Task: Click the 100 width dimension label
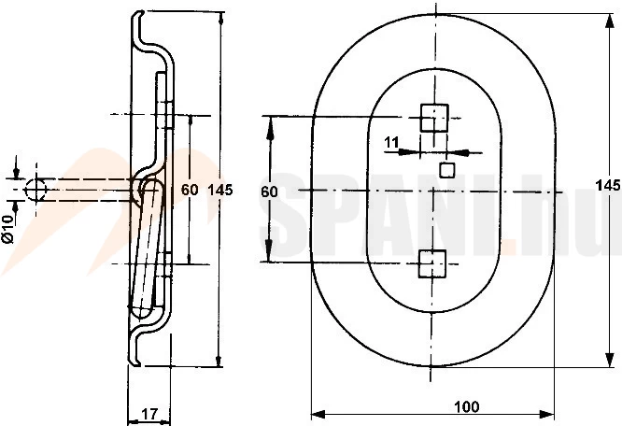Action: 467,406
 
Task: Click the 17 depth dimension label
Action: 149,414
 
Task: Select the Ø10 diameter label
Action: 7,229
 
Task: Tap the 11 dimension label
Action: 392,142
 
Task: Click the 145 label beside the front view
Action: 608,185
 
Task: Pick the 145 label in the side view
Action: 220,190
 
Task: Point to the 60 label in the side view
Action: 190,190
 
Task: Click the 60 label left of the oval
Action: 269,192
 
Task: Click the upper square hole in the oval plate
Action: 434,118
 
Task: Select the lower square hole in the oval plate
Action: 432,263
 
